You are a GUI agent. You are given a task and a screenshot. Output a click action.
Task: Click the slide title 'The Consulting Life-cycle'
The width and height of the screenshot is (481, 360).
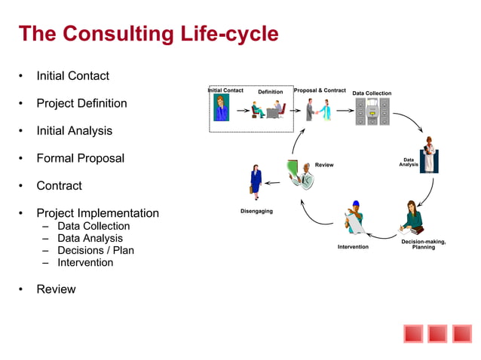[x=148, y=34]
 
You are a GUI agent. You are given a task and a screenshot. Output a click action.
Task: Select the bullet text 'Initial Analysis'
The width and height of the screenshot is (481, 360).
[x=74, y=130]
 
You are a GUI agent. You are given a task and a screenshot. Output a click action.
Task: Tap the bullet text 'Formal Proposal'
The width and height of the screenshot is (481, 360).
[x=80, y=158]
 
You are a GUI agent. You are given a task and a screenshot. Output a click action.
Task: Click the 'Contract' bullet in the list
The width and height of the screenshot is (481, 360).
[x=59, y=185]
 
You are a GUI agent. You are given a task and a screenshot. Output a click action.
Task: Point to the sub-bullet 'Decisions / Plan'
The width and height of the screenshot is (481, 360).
[x=95, y=250]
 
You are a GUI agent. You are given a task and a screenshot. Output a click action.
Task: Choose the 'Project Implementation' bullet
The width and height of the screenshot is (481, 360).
[x=97, y=213]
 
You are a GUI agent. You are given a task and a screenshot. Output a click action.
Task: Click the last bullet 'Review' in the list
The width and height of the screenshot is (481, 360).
[x=56, y=288]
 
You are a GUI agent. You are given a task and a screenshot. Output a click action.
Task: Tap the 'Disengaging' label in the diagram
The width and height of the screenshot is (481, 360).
[x=256, y=211]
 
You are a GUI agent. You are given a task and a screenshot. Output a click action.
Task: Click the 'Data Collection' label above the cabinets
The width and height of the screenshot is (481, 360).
[x=372, y=93]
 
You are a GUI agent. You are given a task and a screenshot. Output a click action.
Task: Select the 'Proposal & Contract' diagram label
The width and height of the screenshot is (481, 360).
[x=320, y=90]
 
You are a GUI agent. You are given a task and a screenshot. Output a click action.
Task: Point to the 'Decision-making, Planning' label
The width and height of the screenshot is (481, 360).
[x=423, y=244]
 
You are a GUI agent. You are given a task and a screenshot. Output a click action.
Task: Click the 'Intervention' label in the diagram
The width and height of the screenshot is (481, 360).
[x=353, y=247]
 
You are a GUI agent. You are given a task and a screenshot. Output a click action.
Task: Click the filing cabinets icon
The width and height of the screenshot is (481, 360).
[x=372, y=111]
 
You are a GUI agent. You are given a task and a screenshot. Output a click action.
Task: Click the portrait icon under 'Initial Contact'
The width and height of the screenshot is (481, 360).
[x=221, y=108]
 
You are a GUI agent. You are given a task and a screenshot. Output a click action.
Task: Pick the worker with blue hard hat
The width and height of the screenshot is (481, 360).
[x=354, y=218]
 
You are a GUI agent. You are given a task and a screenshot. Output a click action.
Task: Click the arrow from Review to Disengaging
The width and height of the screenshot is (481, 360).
[x=273, y=182]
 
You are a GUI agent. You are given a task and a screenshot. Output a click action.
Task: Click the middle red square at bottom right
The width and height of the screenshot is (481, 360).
[x=437, y=334]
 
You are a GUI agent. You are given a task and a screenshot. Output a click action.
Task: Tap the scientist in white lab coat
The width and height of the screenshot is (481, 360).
[x=429, y=155]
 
